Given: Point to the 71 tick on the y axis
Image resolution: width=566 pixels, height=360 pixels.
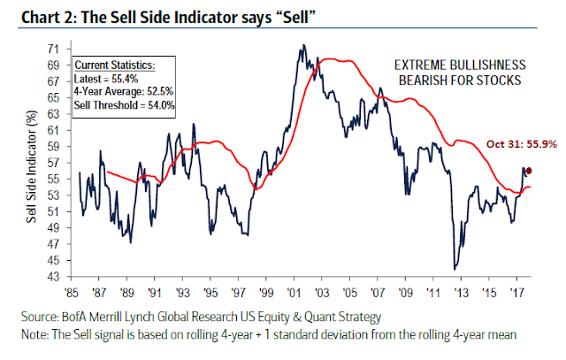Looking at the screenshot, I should tap(57, 50).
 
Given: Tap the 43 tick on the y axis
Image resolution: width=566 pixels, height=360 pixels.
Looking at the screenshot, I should tap(57, 276).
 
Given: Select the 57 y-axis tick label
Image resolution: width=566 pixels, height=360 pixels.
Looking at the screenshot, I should tap(57, 164).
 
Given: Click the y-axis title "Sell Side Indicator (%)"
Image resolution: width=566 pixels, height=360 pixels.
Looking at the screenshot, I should tap(33, 164).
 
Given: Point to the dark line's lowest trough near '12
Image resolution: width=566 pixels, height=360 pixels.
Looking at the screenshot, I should tap(455, 268).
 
